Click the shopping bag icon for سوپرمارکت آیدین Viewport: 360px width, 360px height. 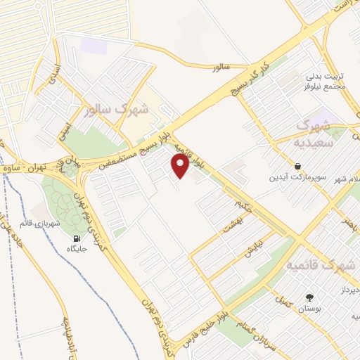[x=299, y=167]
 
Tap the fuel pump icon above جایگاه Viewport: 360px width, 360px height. [x=72, y=238]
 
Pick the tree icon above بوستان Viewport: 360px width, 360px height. [x=307, y=297]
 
